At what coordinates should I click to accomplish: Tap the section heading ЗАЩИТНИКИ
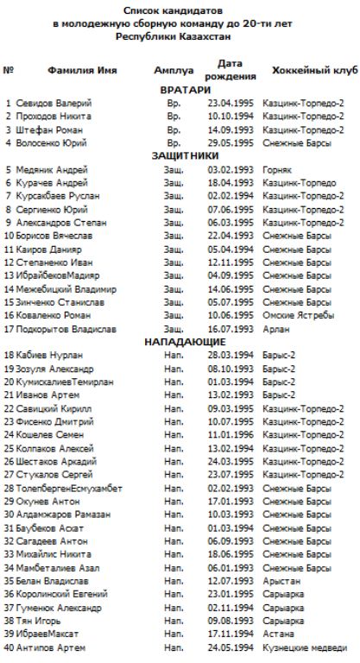click(185, 156)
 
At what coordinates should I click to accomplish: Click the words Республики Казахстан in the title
click(179, 38)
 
